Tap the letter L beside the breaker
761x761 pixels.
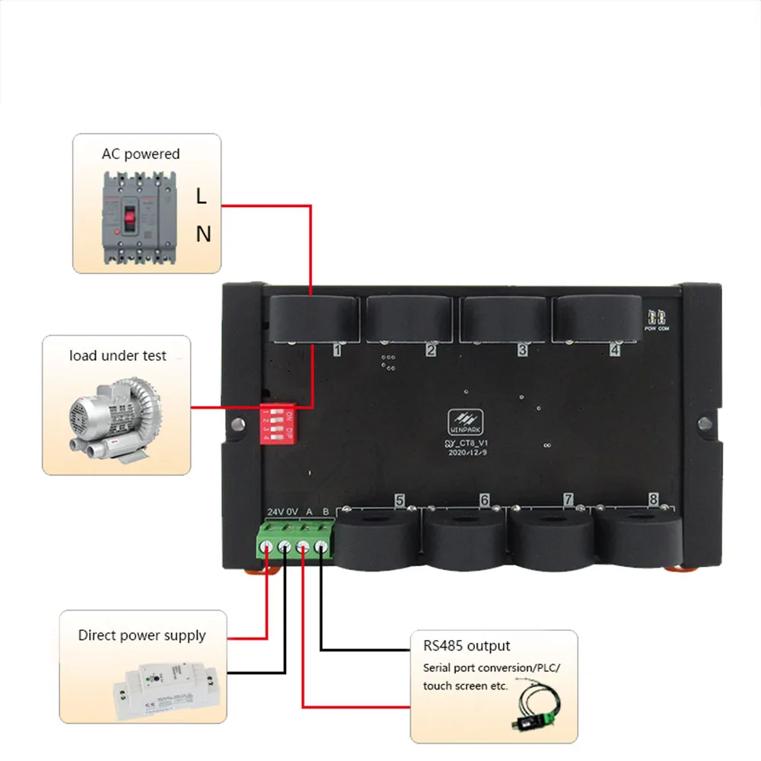tap(201, 196)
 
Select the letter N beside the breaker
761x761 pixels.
tap(202, 234)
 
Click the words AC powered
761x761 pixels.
tap(141, 154)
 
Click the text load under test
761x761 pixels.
tap(118, 355)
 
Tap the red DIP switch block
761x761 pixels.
tap(279, 426)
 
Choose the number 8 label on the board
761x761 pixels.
tap(653, 500)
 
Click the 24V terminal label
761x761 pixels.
tap(275, 511)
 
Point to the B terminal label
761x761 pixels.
tap(325, 511)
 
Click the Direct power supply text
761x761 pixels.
tap(142, 635)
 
